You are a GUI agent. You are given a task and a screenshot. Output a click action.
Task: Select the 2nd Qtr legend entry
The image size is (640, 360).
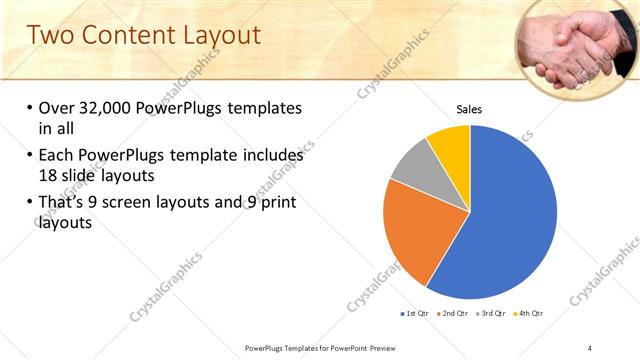(x=454, y=314)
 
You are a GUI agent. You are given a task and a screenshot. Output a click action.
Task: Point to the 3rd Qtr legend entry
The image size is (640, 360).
(x=492, y=314)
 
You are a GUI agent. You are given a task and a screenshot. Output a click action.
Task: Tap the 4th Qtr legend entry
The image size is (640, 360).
(x=529, y=314)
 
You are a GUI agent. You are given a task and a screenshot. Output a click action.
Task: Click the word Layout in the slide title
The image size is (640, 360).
(x=216, y=35)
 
